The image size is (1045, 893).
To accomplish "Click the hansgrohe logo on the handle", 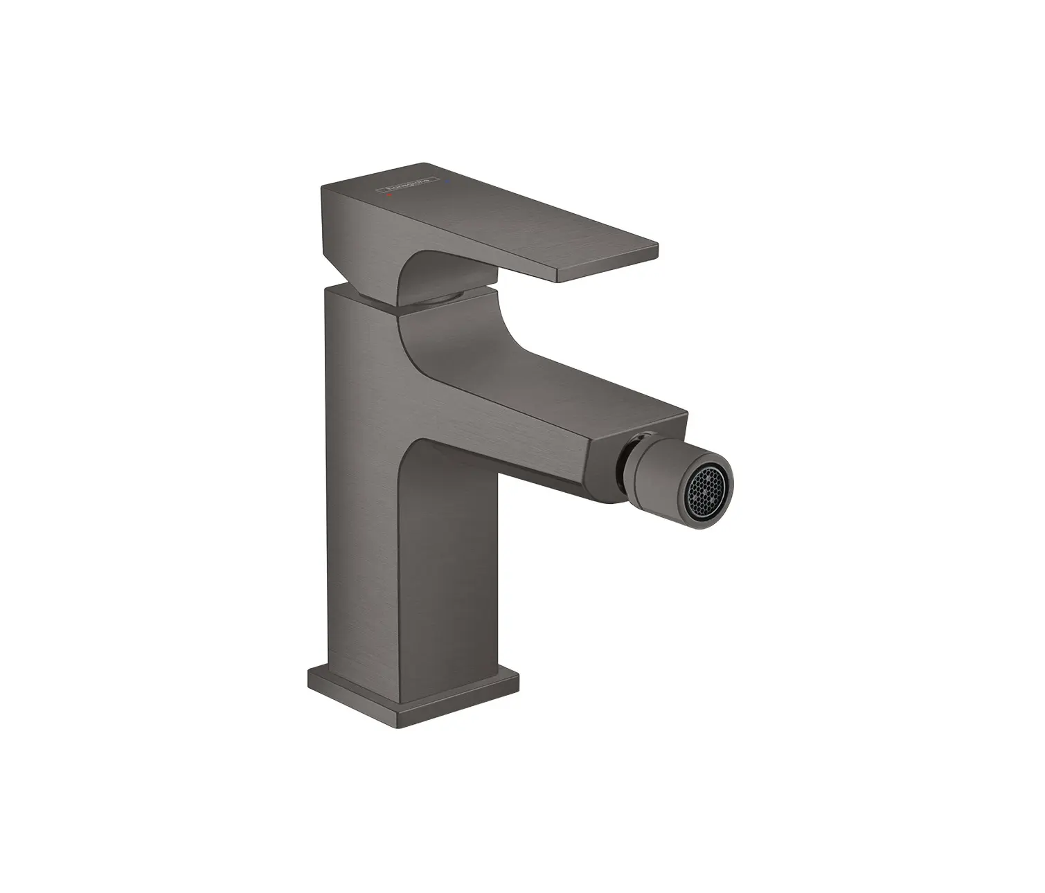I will click(408, 182).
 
